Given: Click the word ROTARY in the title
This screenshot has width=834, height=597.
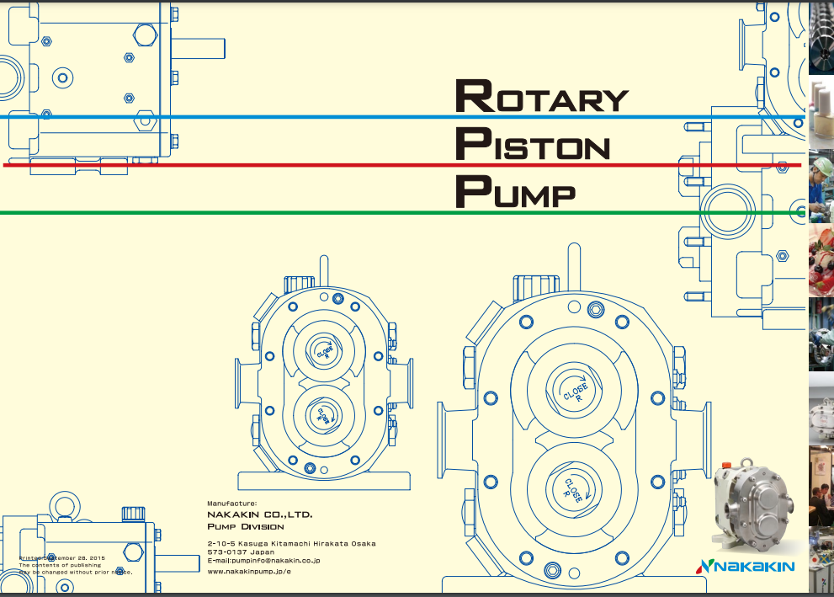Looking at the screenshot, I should (x=541, y=97).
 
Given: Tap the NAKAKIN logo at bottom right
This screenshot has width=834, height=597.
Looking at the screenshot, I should (x=746, y=566).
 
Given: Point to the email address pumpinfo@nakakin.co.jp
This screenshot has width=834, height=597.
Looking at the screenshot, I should (x=263, y=559).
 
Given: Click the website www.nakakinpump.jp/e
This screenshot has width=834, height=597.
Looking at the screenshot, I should (x=249, y=571).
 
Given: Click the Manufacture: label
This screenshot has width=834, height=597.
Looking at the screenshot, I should (x=231, y=503).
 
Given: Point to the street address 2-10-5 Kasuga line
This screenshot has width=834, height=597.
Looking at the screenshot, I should (x=291, y=543).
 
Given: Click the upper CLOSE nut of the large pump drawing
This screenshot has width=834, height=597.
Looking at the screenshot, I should (x=575, y=391).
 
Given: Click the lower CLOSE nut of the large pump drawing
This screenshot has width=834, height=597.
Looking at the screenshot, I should (x=574, y=488).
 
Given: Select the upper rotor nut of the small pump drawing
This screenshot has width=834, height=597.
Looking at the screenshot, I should (x=324, y=349).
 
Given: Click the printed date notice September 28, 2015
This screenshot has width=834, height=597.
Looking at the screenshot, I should (x=63, y=558).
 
